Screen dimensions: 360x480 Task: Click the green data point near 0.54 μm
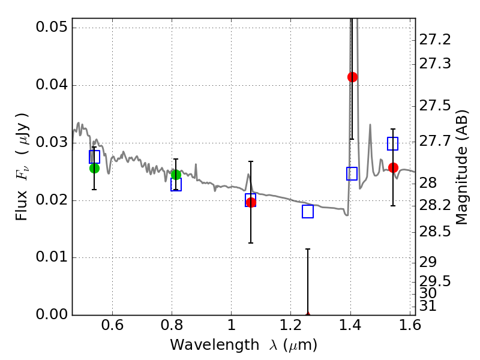[x=94, y=168]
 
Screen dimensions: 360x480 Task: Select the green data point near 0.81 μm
[x=176, y=175]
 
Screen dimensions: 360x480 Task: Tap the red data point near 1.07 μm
[x=251, y=202]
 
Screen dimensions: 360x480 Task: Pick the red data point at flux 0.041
[x=352, y=77]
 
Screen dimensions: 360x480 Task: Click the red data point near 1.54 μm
[x=393, y=167]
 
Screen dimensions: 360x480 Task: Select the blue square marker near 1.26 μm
[x=308, y=211]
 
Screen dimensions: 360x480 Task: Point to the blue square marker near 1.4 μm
[x=352, y=173]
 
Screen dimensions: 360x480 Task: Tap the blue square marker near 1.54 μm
[x=393, y=143]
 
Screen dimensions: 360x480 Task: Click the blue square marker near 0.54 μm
[x=94, y=157]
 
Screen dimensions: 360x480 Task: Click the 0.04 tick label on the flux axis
[x=51, y=85]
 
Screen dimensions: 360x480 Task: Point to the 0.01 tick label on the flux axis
[x=51, y=258]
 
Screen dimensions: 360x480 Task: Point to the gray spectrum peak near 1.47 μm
[x=370, y=125]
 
